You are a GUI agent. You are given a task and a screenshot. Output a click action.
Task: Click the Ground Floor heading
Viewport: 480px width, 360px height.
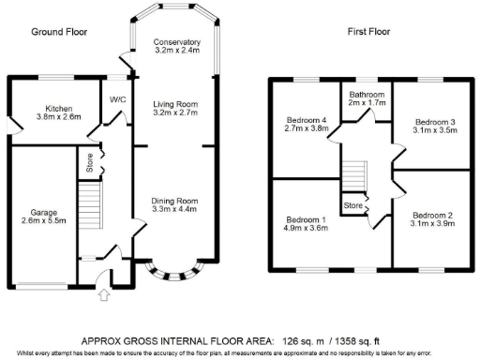tap(59, 31)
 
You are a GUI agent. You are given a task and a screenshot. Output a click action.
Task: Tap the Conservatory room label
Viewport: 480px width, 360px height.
tap(177, 46)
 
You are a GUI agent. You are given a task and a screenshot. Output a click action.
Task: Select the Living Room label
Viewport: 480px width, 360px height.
tap(177, 107)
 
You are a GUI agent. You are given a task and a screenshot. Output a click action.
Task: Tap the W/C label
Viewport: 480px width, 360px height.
tap(117, 100)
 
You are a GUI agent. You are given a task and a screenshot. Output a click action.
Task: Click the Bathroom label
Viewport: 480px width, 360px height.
tap(367, 98)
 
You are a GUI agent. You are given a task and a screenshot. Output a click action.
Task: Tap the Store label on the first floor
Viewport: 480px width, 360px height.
tap(352, 204)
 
